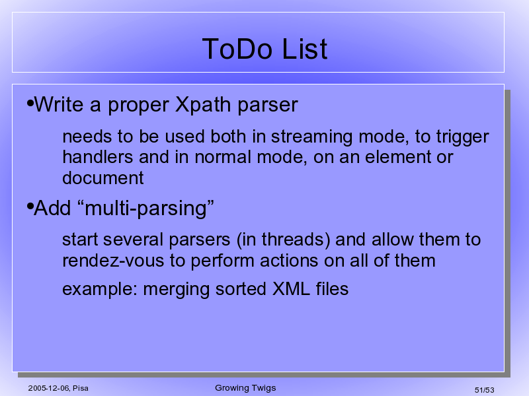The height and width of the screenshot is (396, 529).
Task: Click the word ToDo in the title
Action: click(237, 49)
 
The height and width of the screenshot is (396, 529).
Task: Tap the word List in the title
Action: click(305, 49)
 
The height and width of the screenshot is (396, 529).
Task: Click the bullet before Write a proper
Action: click(30, 103)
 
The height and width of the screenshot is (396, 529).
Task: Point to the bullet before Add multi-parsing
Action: click(30, 206)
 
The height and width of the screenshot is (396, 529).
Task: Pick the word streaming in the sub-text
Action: click(311, 137)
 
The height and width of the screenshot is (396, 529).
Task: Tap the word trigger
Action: click(462, 137)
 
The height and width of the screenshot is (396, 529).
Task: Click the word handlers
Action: click(98, 157)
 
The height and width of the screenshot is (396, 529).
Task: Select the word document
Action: click(103, 178)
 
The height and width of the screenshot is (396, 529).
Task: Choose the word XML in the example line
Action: click(291, 289)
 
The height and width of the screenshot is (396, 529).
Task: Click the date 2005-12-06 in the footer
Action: click(49, 388)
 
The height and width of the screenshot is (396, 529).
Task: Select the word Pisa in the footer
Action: click(81, 388)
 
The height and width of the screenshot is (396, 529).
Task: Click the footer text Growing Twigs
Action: click(245, 388)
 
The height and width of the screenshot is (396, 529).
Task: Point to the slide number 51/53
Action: click(485, 390)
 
